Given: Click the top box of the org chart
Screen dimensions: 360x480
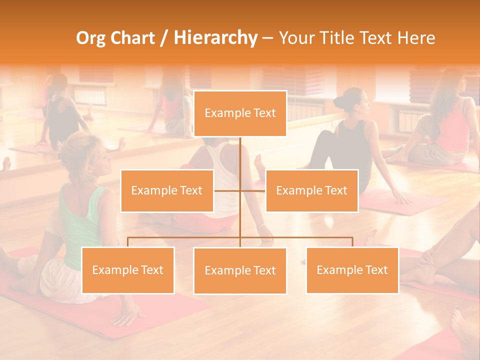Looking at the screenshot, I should coord(240,113).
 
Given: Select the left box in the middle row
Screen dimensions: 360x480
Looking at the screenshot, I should coord(167,190).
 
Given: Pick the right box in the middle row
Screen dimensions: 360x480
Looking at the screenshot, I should coord(311,190).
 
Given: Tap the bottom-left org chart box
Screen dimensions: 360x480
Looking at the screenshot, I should coord(127,270).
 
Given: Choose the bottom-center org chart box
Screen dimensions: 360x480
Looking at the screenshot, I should coord(240,270).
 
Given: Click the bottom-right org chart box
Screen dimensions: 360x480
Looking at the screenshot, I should coord(352,270).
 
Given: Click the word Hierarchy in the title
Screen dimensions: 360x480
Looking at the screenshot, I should coord(215,38).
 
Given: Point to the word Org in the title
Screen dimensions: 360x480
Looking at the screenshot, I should coord(91,38).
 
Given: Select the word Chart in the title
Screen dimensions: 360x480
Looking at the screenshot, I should coord(132,38).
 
